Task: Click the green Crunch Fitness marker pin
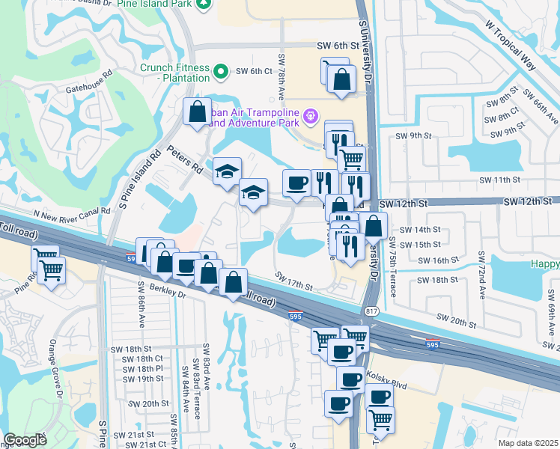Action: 221,72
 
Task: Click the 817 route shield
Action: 371,311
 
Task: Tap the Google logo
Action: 25,440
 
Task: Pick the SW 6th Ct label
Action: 253,71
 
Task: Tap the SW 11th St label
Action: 499,180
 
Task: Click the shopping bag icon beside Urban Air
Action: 196,112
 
